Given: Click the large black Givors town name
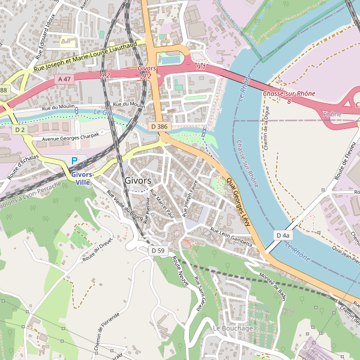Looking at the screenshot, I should (x=137, y=181).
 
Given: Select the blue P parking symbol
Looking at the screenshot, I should (x=74, y=161).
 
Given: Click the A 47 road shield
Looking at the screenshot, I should (x=65, y=79).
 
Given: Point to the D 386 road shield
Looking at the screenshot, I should (x=159, y=127).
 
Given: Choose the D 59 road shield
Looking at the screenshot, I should (x=158, y=250).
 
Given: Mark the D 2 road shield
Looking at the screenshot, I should (x=20, y=130).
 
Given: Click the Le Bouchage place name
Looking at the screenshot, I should (x=233, y=328).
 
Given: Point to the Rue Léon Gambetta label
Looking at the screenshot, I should (x=231, y=235).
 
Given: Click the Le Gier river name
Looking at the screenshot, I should (x=104, y=113).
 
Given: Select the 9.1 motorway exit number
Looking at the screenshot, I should (x=201, y=67).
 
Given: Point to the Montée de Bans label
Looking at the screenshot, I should (x=274, y=287).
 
